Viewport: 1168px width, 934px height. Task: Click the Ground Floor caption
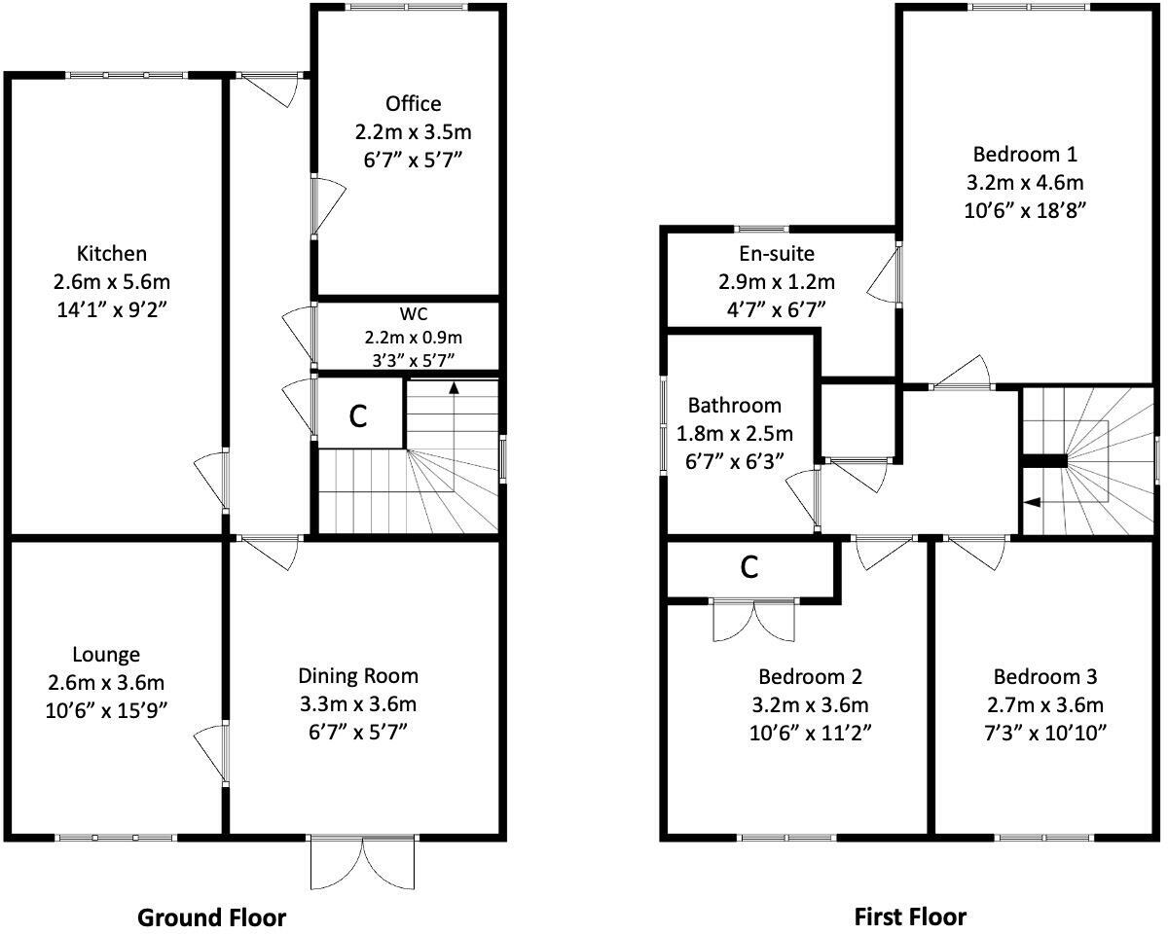(x=212, y=916)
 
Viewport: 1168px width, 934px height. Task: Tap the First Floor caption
(x=910, y=916)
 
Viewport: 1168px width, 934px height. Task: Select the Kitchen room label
(x=112, y=254)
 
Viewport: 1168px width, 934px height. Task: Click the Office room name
(x=413, y=104)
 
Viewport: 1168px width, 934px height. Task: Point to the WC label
(x=413, y=315)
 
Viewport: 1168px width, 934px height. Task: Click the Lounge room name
(x=106, y=655)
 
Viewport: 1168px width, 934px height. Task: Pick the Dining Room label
(x=357, y=675)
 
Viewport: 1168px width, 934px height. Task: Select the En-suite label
(x=776, y=254)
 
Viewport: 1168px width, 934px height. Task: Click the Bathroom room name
(x=735, y=406)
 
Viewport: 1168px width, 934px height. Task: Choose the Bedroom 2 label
(x=810, y=676)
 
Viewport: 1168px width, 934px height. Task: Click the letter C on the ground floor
(x=358, y=416)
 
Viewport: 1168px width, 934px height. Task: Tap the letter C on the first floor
(x=749, y=567)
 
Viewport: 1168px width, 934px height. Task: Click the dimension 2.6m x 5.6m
(x=112, y=283)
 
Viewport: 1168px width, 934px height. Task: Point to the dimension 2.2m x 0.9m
(x=413, y=338)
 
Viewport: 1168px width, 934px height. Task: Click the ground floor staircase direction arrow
(x=454, y=388)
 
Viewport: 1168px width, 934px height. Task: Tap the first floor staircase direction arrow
(x=1032, y=502)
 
